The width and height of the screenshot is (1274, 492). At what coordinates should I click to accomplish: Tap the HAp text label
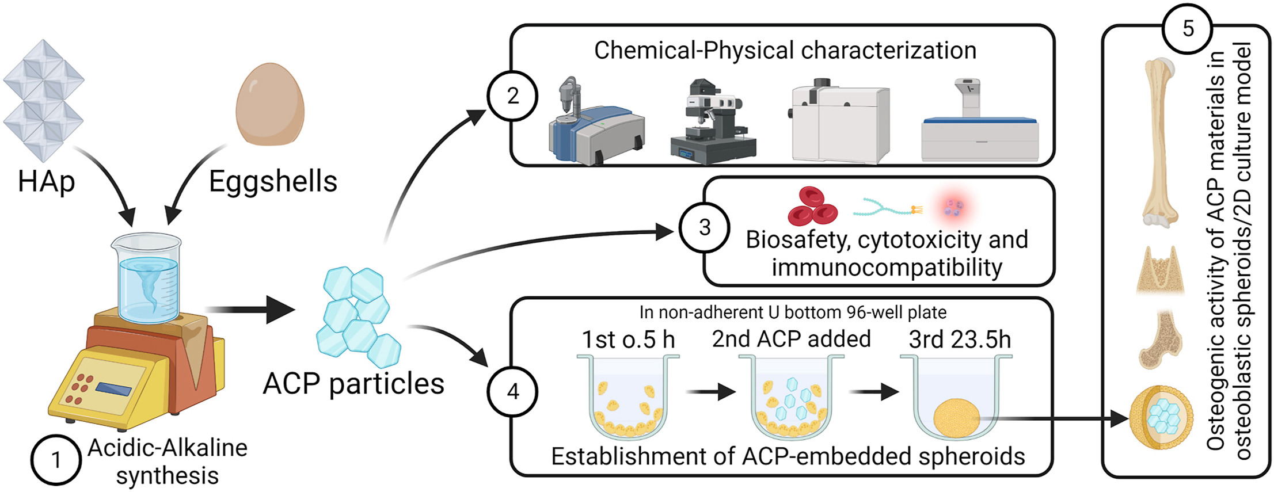(46, 182)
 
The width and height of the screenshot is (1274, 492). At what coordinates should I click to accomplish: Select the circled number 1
(55, 460)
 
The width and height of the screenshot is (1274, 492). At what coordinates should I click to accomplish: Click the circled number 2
(512, 96)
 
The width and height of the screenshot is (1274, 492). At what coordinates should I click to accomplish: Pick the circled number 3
(704, 227)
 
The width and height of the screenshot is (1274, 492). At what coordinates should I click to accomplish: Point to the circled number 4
(512, 392)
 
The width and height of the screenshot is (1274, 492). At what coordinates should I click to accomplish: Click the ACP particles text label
(353, 383)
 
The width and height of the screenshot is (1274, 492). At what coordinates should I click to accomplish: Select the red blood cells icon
(812, 206)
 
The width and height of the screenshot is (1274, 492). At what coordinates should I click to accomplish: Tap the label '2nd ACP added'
(791, 339)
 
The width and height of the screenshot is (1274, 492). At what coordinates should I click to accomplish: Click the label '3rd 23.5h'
(960, 340)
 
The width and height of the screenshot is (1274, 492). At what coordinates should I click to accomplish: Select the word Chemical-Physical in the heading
(694, 51)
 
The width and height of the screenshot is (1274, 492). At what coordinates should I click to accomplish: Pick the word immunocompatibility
(887, 268)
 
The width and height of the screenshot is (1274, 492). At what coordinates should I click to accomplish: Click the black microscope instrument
(713, 122)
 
